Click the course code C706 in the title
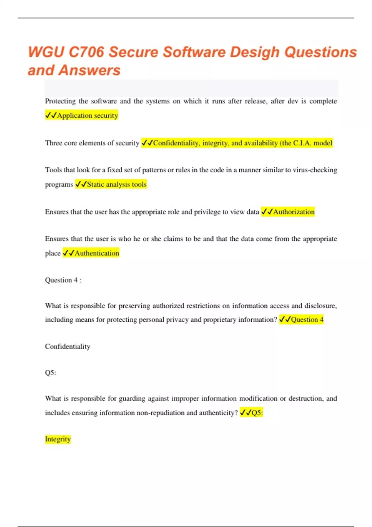[86, 52]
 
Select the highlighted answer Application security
[87, 115]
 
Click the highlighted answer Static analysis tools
[117, 184]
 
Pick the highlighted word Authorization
[294, 212]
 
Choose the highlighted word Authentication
[97, 253]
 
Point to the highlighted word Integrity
[58, 439]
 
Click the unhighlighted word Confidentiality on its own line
[68, 346]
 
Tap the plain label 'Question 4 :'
[63, 280]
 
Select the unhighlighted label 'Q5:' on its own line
[51, 373]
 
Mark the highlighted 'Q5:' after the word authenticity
[257, 413]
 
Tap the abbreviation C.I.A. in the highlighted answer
[302, 143]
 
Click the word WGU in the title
[46, 52]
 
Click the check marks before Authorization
[267, 212]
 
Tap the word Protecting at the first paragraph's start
[60, 101]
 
